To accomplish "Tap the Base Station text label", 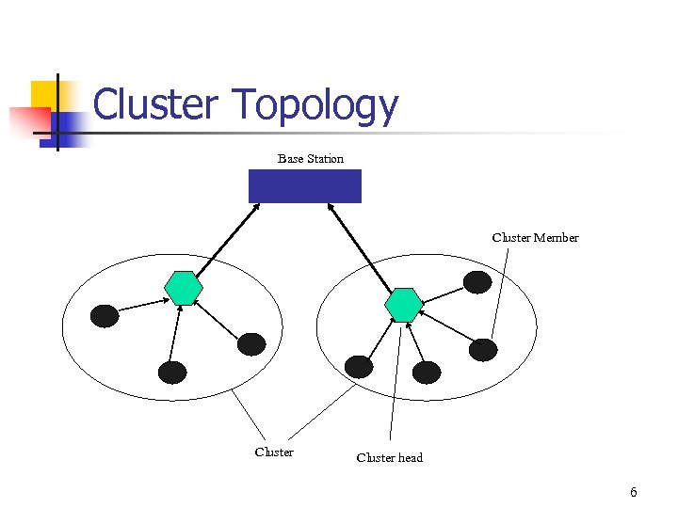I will [311, 158].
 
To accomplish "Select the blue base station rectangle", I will [304, 186].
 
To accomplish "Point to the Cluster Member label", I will [535, 237].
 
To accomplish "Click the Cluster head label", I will [389, 458].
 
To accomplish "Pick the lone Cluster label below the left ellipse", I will [274, 452].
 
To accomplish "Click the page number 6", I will [634, 492].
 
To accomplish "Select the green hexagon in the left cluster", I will [183, 288].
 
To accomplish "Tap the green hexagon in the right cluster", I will [404, 305].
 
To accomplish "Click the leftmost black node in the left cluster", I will [105, 316].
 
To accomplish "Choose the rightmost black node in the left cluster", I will [251, 344].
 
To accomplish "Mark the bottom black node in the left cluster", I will [172, 373].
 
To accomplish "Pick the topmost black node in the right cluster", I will [477, 281].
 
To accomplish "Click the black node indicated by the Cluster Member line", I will [483, 350].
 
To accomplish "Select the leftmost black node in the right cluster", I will [359, 367].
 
